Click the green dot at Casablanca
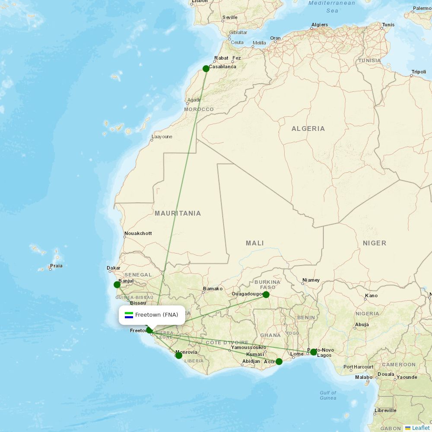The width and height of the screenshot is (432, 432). pyautogui.click(x=206, y=68)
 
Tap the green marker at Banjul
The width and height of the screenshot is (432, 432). pyautogui.click(x=117, y=284)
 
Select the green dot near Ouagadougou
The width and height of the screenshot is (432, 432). pyautogui.click(x=266, y=295)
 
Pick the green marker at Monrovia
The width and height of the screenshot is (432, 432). pyautogui.click(x=179, y=355)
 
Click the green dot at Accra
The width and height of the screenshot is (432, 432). pyautogui.click(x=279, y=361)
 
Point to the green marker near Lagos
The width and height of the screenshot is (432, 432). pyautogui.click(x=314, y=352)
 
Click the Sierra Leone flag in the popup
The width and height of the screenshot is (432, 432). pyautogui.click(x=129, y=315)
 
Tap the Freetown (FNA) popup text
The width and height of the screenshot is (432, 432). pyautogui.click(x=156, y=315)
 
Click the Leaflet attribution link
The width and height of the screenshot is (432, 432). pyautogui.click(x=421, y=428)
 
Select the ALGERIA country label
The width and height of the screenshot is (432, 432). pyautogui.click(x=308, y=129)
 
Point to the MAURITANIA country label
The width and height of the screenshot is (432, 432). pyautogui.click(x=178, y=213)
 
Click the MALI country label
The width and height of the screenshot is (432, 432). pyautogui.click(x=255, y=243)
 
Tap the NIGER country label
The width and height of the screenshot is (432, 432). pyautogui.click(x=375, y=243)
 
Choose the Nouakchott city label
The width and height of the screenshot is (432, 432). pyautogui.click(x=138, y=233)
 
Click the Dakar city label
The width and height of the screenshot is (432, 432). pyautogui.click(x=114, y=268)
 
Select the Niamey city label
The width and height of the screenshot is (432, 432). pyautogui.click(x=311, y=280)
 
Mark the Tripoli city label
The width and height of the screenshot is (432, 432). pyautogui.click(x=419, y=72)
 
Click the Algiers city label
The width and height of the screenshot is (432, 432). pyautogui.click(x=320, y=25)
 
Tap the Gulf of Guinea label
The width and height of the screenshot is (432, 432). pyautogui.click(x=328, y=395)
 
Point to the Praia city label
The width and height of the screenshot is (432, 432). pyautogui.click(x=56, y=266)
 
